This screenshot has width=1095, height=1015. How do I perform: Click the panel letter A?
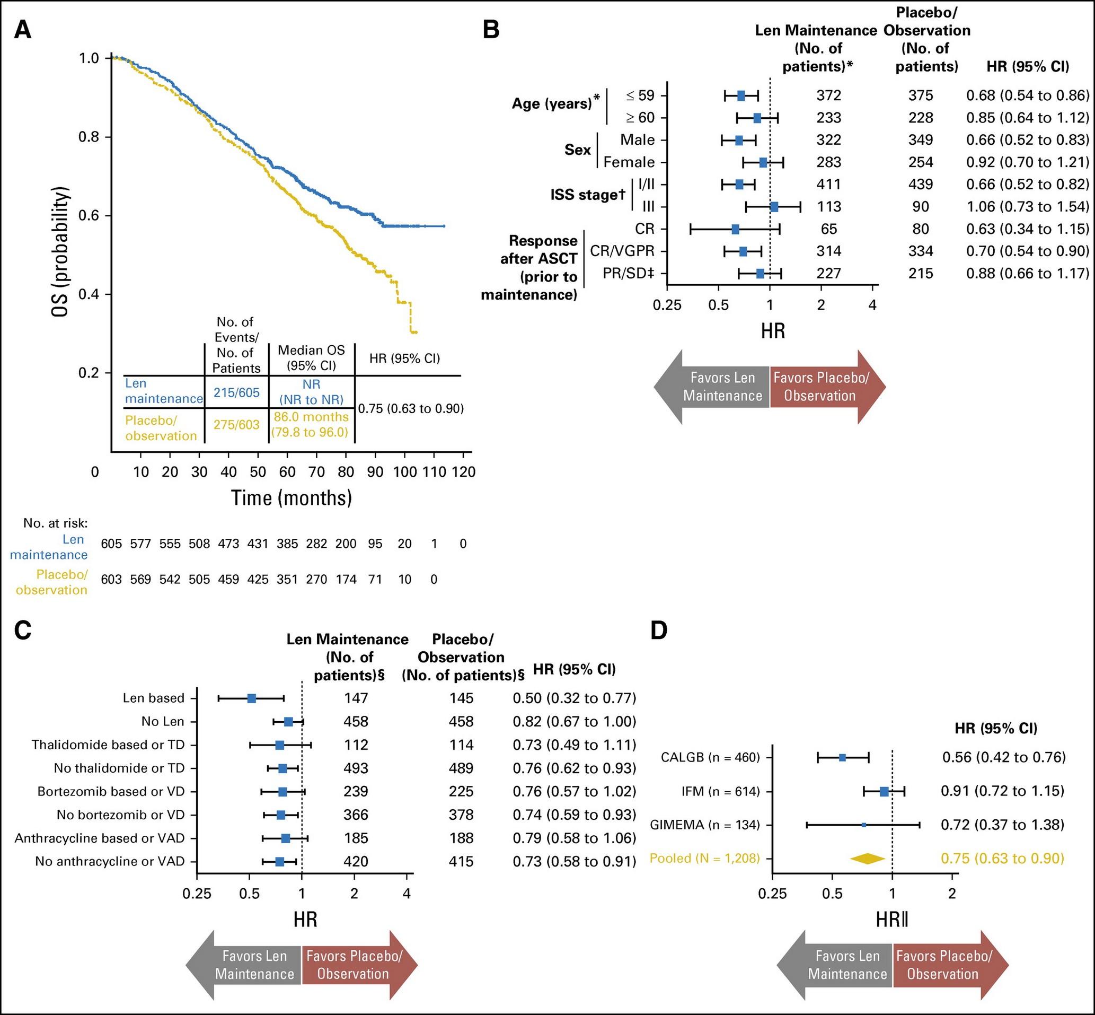(x=23, y=30)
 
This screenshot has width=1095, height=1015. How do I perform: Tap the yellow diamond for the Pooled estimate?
(x=868, y=858)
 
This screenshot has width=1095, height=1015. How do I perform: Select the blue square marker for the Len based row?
(x=251, y=698)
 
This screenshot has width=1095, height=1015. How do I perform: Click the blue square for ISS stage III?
(x=774, y=206)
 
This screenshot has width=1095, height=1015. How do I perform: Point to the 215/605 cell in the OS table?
(x=236, y=393)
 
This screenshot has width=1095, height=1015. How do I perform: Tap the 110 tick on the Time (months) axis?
(x=434, y=472)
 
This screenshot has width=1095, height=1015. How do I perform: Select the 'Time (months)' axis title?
(x=291, y=497)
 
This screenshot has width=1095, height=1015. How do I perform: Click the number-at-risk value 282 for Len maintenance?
(x=317, y=544)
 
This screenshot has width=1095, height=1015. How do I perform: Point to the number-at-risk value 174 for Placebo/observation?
(x=346, y=579)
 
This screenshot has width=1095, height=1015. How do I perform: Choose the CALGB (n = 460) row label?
(x=705, y=758)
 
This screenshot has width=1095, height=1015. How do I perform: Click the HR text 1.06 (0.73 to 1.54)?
(x=1028, y=206)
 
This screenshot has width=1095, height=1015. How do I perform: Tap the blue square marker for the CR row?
(x=735, y=229)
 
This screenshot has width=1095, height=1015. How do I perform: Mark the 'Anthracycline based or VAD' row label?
(x=100, y=838)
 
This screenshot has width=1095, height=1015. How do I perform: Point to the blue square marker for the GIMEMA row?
(x=863, y=825)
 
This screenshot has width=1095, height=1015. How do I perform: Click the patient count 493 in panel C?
(x=356, y=768)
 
